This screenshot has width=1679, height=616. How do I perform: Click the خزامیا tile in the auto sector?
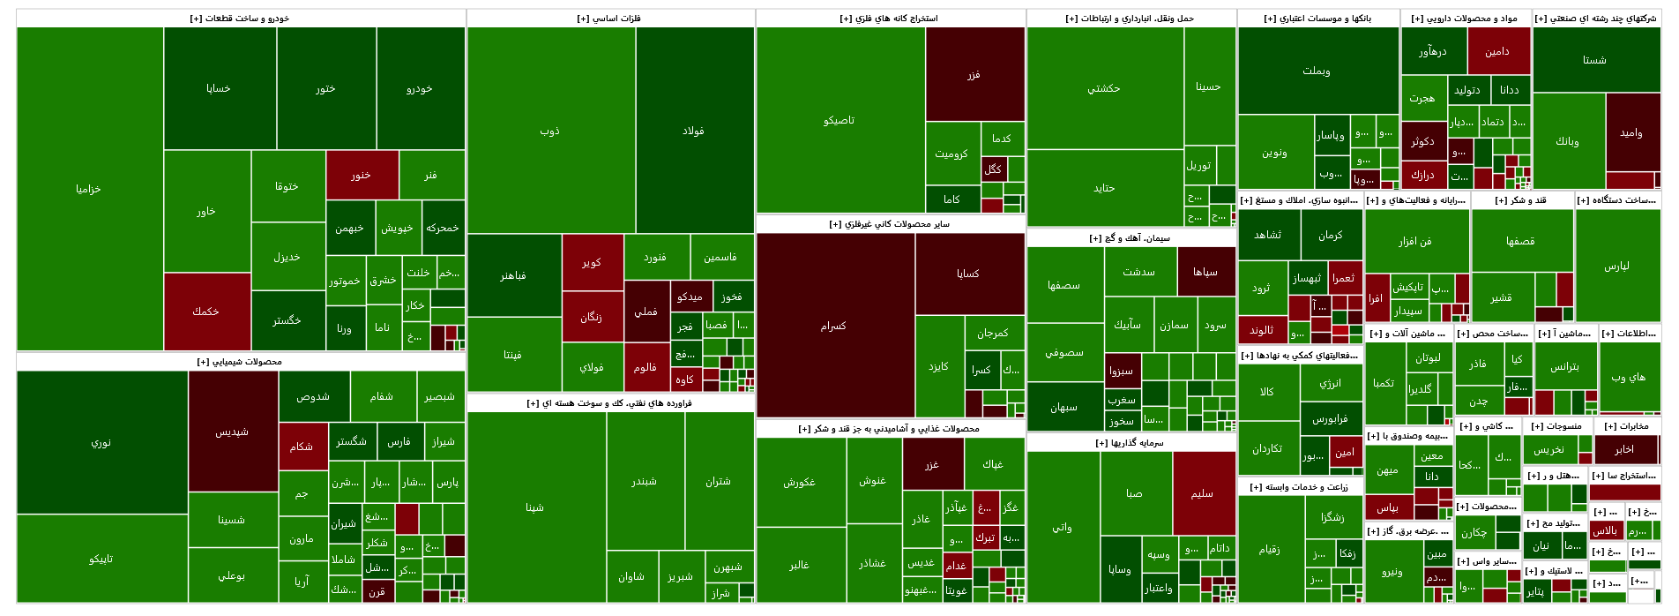(x=89, y=189)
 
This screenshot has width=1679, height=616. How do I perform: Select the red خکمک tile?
(x=206, y=312)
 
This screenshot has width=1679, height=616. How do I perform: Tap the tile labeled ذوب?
(x=550, y=131)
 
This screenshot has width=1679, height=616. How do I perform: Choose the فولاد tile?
(x=694, y=131)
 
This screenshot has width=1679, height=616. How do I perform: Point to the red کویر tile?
(x=592, y=262)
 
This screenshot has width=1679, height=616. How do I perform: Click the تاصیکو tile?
(x=839, y=120)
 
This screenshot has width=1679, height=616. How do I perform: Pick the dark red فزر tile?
(x=974, y=74)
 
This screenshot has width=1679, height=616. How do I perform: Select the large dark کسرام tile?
(x=834, y=326)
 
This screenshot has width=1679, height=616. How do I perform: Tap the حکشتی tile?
(x=1104, y=88)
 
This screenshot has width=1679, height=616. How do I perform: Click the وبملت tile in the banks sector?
(x=1317, y=71)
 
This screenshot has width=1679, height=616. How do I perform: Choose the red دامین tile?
(x=1498, y=51)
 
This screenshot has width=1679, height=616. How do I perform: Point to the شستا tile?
(x=1595, y=60)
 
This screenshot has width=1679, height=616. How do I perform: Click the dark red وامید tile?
(x=1632, y=132)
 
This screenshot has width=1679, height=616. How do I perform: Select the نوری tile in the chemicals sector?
(x=101, y=442)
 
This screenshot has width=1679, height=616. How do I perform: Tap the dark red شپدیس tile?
(x=232, y=432)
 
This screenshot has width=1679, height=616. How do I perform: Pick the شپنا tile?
(x=535, y=507)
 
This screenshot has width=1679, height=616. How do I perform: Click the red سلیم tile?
(x=1203, y=493)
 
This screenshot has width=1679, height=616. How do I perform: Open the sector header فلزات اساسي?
(x=609, y=18)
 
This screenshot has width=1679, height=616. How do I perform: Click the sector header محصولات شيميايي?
(x=240, y=361)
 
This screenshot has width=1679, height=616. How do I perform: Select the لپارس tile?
(x=1617, y=266)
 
